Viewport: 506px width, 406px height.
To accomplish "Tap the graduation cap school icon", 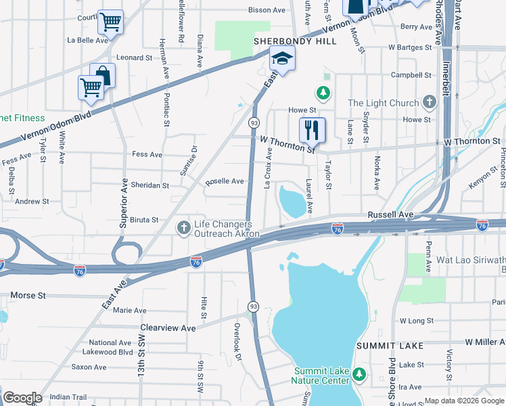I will [283, 58].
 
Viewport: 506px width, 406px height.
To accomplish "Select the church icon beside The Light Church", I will [428, 103].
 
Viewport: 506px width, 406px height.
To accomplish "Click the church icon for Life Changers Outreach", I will [183, 229].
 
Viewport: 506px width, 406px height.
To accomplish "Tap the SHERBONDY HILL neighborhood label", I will [285, 41].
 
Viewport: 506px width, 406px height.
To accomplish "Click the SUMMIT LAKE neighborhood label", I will [392, 346].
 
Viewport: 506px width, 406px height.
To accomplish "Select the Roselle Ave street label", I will [225, 181].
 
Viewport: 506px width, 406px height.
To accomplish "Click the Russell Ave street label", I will [390, 215].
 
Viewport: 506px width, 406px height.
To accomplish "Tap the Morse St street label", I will [28, 296].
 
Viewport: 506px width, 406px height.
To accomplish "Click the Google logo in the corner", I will [22, 398].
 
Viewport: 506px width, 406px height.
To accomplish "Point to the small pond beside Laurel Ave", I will [292, 200].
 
